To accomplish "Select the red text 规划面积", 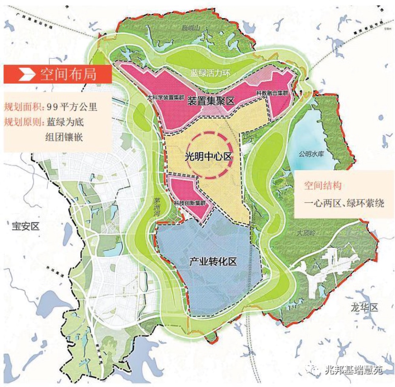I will click(22, 107).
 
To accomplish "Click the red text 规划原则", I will click(22, 122).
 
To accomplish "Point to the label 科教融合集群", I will click(271, 93).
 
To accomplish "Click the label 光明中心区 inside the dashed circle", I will click(208, 156).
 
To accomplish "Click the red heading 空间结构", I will click(323, 186).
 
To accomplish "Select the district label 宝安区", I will click(24, 226).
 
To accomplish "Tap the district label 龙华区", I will click(364, 307).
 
